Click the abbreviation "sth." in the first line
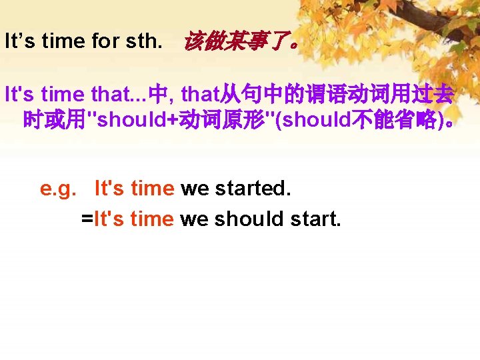tap(143, 42)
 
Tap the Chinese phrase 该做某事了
tap(240, 42)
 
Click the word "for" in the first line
tap(105, 42)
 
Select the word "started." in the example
tap(253, 189)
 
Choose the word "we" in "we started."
tap(195, 189)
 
